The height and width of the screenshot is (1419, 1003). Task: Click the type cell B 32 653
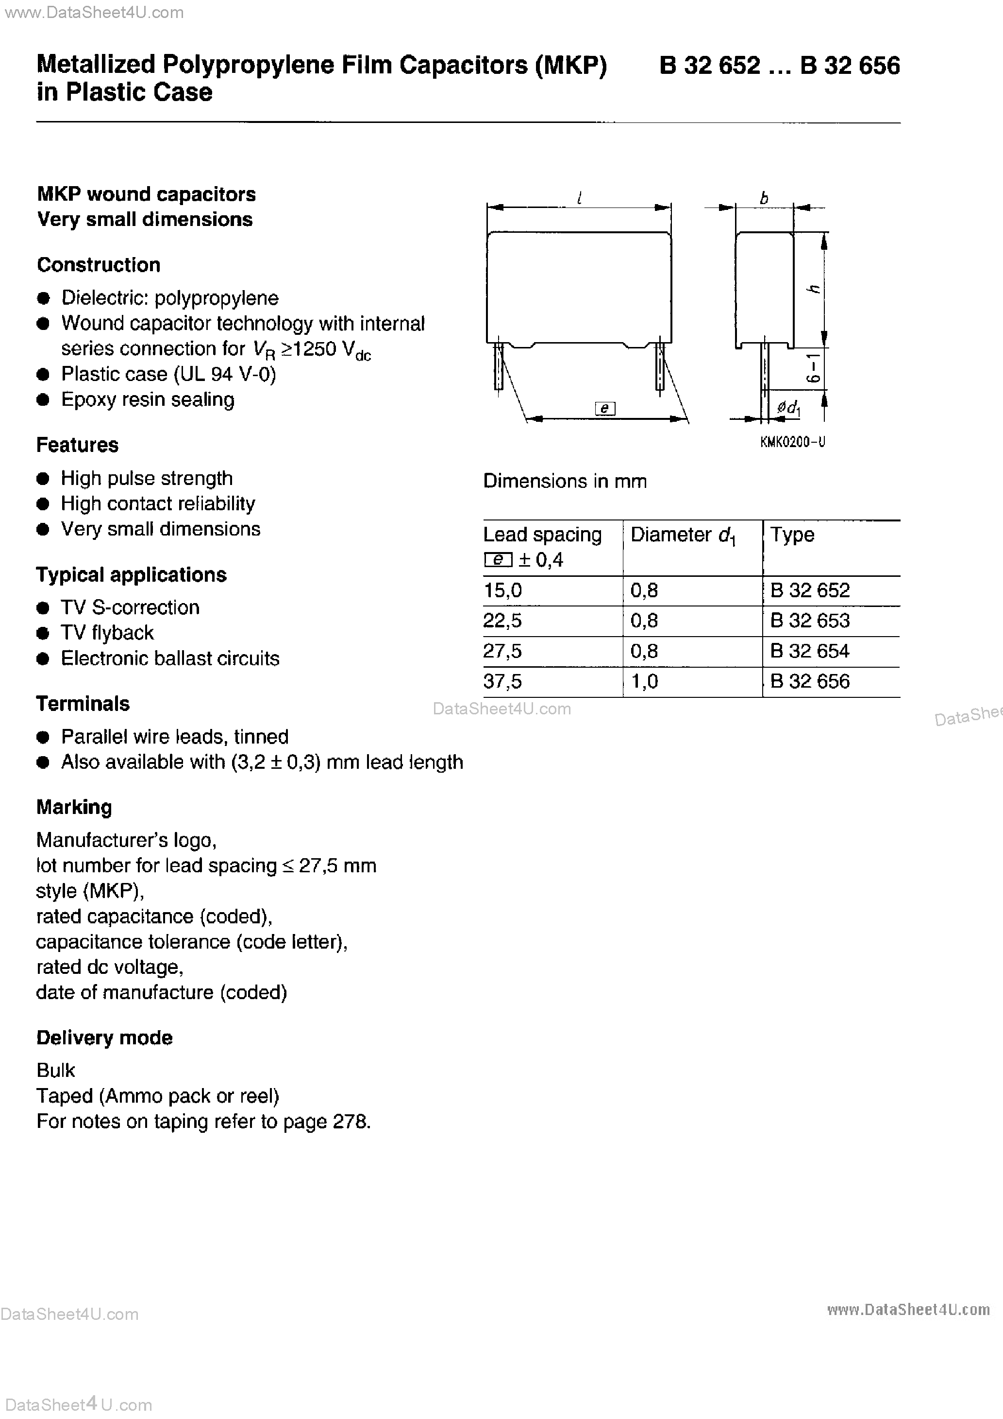pyautogui.click(x=810, y=621)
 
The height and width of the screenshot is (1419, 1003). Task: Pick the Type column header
pyautogui.click(x=792, y=535)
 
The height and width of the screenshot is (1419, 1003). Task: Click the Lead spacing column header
pyautogui.click(x=542, y=535)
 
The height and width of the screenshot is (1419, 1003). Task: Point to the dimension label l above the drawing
pyautogui.click(x=579, y=198)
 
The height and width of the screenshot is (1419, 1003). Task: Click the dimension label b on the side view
pyautogui.click(x=764, y=198)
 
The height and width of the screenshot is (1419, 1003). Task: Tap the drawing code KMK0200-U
pyautogui.click(x=792, y=442)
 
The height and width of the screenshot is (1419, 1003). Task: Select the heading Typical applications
pyautogui.click(x=131, y=575)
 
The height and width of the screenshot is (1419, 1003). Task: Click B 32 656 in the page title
pyautogui.click(x=850, y=66)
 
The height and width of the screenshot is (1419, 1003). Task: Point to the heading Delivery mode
pyautogui.click(x=104, y=1038)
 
